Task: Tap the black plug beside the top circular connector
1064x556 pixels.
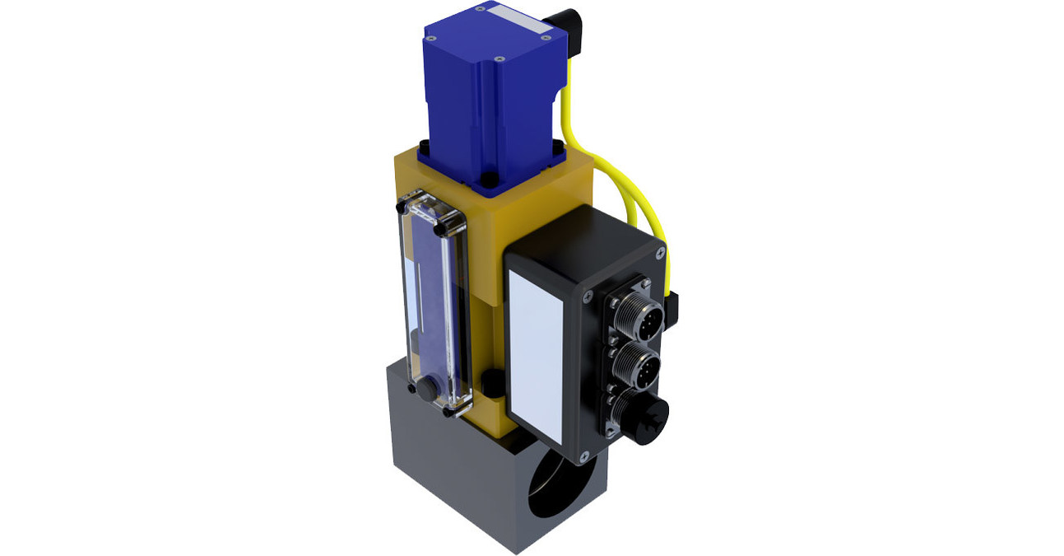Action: click(671, 306)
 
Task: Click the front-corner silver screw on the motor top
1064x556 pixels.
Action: click(499, 60)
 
